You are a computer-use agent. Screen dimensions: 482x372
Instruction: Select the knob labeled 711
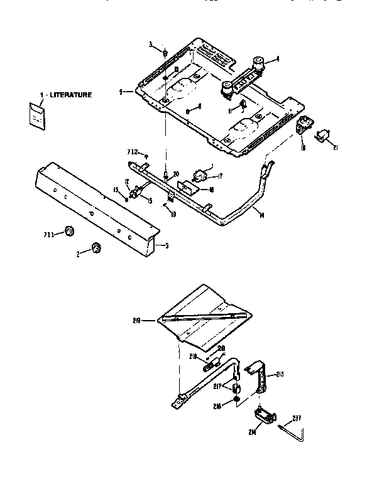(x=69, y=233)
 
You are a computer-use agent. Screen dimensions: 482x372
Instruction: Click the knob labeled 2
(x=96, y=248)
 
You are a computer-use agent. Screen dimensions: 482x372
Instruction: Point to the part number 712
(x=132, y=152)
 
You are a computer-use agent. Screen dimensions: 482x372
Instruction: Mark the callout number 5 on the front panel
(x=166, y=245)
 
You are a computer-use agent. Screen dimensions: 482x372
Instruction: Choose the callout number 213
(x=280, y=374)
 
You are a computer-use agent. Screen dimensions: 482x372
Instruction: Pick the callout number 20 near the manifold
(x=176, y=173)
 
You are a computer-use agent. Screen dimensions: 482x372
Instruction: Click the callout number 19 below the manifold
(x=173, y=214)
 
